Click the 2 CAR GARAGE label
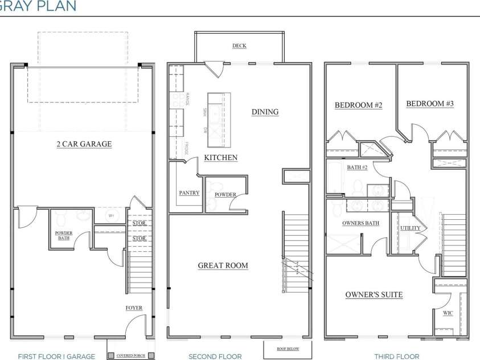[84, 144]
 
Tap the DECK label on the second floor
[239, 46]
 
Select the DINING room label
[265, 112]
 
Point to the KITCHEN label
[220, 157]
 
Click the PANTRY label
[189, 193]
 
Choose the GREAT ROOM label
[223, 265]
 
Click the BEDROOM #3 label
[429, 104]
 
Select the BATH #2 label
[357, 167]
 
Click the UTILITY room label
[410, 228]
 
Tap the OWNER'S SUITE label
[374, 294]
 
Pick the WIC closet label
[448, 313]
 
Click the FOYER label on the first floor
[134, 308]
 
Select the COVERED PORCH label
[130, 356]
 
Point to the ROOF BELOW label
[288, 348]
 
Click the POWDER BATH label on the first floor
[63, 235]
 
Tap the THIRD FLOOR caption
[397, 357]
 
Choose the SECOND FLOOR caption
[215, 357]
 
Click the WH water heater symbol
[112, 216]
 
